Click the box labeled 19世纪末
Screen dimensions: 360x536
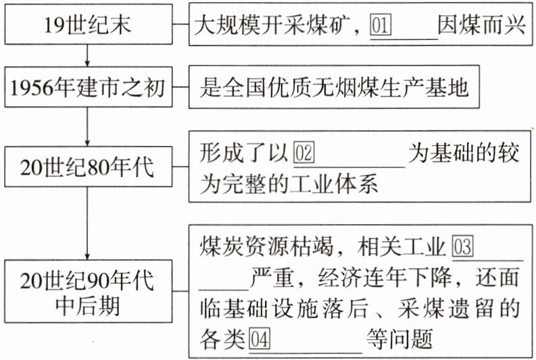coord(87,26)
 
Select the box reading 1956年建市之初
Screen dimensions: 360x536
coord(87,87)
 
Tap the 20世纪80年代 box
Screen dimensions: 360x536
coord(87,168)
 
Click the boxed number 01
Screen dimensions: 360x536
coord(382,27)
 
